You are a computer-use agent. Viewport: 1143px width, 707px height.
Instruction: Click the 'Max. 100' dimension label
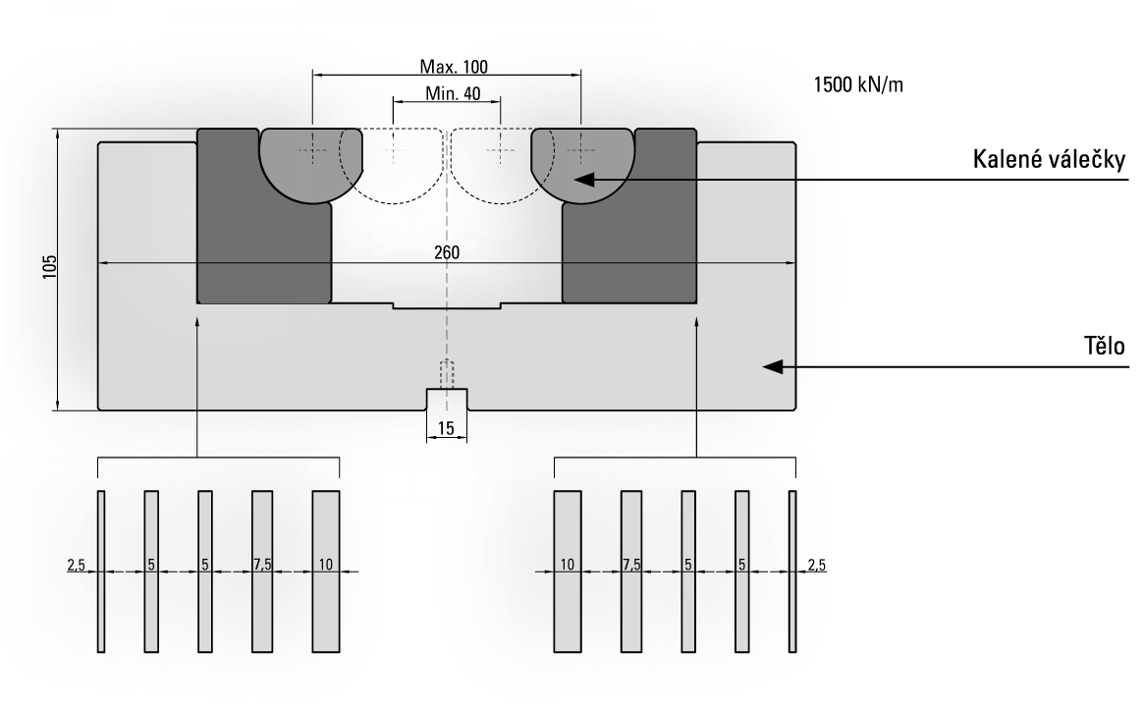[454, 67]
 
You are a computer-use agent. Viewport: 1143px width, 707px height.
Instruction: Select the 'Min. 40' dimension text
[453, 93]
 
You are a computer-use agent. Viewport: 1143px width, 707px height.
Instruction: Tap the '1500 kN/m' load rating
[858, 85]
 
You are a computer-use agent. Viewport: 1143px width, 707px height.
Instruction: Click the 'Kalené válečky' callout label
[1048, 159]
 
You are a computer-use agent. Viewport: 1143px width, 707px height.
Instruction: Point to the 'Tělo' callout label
[1105, 346]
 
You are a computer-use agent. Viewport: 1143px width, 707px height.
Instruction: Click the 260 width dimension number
[447, 253]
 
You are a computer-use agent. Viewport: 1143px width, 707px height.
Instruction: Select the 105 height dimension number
[49, 266]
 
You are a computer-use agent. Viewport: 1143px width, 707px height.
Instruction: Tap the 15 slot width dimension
[446, 428]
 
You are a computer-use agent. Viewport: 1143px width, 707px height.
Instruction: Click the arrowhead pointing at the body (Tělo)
[773, 366]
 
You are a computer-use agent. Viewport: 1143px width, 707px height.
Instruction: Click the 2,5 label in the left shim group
[77, 565]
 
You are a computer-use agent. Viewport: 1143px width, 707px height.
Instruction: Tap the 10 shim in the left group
[326, 571]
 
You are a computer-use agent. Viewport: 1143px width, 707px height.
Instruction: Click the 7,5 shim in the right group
[631, 571]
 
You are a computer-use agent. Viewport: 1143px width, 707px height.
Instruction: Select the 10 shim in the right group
[568, 571]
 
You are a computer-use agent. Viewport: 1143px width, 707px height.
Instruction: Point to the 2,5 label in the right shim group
[816, 565]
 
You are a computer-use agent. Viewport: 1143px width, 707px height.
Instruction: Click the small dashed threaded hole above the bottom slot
[447, 375]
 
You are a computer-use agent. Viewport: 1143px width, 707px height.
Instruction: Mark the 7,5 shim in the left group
[262, 571]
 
